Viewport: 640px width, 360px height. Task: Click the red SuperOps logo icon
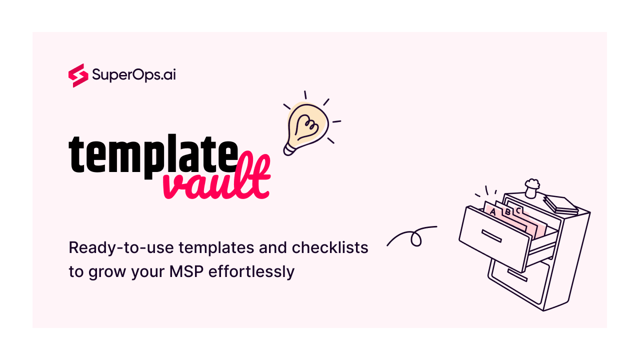(x=78, y=75)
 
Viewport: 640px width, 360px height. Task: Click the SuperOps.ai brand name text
(x=133, y=75)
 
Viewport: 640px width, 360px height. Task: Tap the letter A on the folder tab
(x=493, y=212)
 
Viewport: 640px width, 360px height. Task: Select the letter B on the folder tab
(x=507, y=211)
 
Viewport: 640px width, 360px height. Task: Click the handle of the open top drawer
(x=491, y=235)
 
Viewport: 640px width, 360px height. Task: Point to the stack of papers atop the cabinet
(x=560, y=204)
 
